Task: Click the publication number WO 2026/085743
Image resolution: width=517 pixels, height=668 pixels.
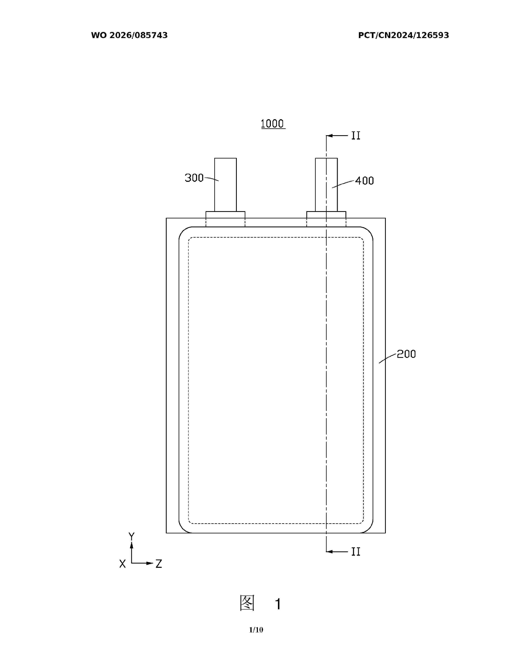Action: coord(129,35)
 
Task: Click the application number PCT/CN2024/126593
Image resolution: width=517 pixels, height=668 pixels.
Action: coord(403,35)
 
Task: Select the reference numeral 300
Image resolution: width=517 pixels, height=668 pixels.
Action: coord(194,178)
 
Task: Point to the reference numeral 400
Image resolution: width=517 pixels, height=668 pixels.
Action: coord(365,181)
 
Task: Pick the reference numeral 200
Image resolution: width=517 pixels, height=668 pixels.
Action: coord(406,354)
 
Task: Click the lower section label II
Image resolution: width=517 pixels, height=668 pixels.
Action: coord(356,552)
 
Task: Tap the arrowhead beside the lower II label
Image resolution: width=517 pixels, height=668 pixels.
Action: coord(329,552)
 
